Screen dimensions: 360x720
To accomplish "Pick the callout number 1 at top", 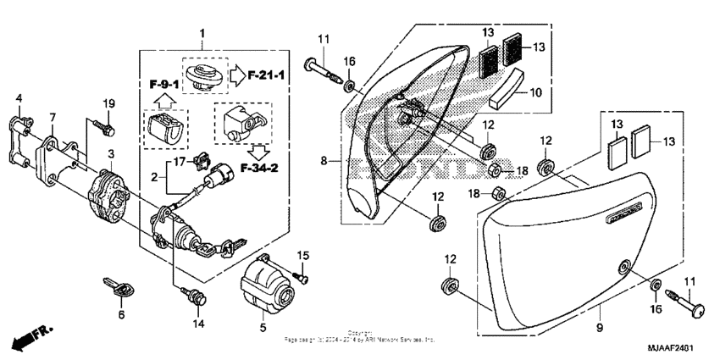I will pos(202,33).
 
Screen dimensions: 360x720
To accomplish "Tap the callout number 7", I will pos(52,118).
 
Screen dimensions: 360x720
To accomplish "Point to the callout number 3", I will pos(110,153).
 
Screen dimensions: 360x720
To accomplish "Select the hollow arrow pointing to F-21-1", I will pos(238,76).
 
